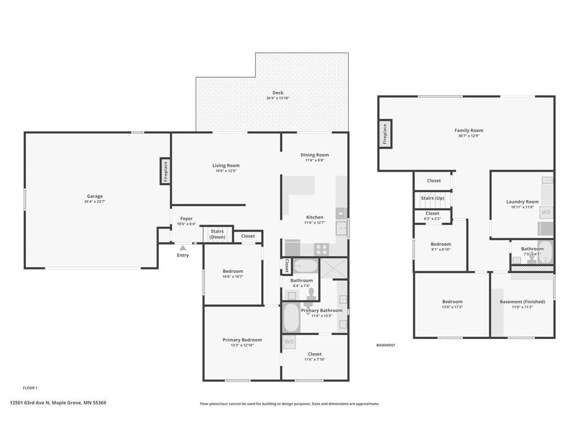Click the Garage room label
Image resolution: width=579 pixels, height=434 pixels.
tap(95, 196)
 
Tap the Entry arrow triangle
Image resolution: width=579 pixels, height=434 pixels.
tap(183, 248)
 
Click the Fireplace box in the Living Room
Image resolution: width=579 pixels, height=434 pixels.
tap(166, 171)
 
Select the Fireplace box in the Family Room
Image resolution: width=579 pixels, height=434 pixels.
tap(384, 134)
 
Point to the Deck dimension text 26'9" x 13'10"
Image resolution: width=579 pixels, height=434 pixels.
tap(278, 98)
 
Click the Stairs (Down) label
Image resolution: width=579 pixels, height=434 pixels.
tap(217, 234)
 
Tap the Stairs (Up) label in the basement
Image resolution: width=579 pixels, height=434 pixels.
tap(433, 198)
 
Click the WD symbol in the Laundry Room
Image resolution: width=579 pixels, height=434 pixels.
tap(546, 212)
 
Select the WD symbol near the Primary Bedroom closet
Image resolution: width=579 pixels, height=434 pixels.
tap(289, 342)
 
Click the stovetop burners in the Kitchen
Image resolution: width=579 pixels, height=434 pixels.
tap(321, 249)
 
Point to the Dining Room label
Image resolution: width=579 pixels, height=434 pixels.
tap(314, 155)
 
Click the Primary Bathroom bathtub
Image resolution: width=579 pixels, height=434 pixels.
tap(291, 318)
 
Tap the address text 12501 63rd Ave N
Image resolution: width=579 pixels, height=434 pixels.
tap(29, 402)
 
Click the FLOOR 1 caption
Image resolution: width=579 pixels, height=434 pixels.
tap(30, 388)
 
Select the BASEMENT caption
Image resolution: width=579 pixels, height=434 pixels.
tap(386, 345)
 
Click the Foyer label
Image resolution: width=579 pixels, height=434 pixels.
tap(187, 219)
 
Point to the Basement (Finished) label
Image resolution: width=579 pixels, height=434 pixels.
tap(522, 302)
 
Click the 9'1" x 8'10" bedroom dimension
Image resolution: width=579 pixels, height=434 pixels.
tap(440, 249)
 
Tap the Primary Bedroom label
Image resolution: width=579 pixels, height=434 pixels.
tap(242, 340)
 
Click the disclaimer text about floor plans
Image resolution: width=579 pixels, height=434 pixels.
tap(289, 403)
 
